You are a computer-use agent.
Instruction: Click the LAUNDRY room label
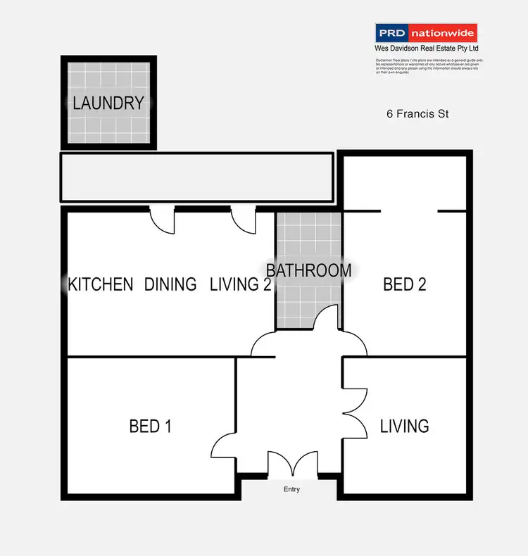tap(108, 103)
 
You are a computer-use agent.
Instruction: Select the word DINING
tap(170, 284)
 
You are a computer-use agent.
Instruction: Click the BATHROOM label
tap(308, 270)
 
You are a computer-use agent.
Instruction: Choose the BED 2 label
tap(405, 284)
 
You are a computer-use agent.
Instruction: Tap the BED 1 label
tap(150, 426)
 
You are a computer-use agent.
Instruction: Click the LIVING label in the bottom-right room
tap(404, 426)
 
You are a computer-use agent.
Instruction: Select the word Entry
tap(291, 489)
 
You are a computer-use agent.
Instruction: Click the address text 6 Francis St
tap(417, 113)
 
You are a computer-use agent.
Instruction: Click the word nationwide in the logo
tap(442, 32)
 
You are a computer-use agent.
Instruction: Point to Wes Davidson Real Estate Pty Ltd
tap(427, 49)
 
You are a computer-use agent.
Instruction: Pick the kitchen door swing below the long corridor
tap(163, 221)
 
